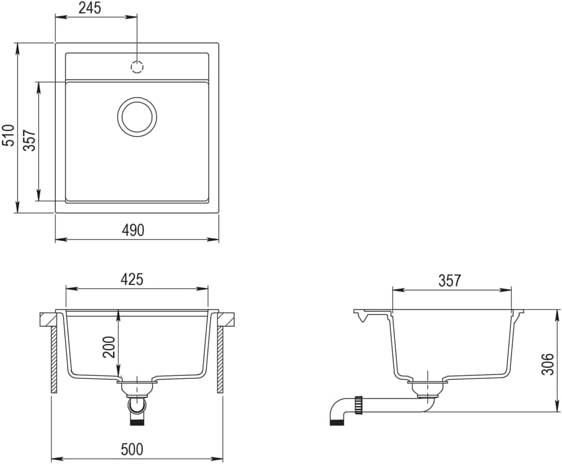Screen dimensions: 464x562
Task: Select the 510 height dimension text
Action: [x=8, y=136]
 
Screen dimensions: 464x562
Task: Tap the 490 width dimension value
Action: [x=133, y=230]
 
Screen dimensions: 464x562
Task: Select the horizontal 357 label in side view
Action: [x=449, y=280]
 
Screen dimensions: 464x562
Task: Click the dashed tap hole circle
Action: [x=137, y=67]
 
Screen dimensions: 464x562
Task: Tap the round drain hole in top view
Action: [x=137, y=117]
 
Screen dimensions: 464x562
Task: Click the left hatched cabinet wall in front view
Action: [x=54, y=360]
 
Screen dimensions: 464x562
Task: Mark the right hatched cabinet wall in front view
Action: [x=220, y=360]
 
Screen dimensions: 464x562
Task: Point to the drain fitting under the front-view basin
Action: [x=137, y=388]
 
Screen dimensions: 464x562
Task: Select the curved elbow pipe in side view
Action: [x=338, y=410]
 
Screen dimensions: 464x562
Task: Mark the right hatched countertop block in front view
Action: [x=226, y=320]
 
